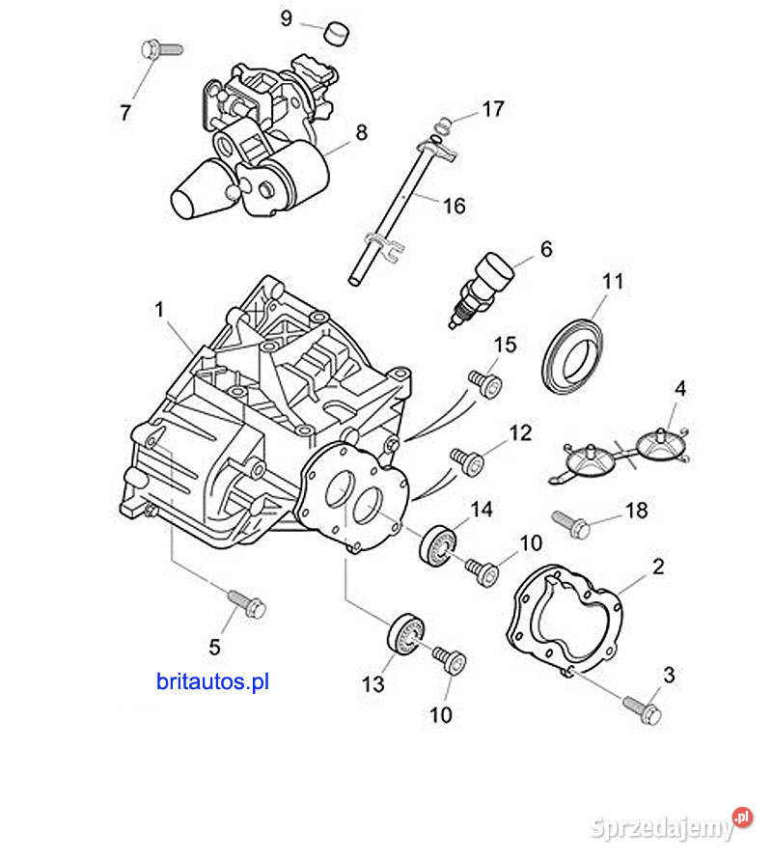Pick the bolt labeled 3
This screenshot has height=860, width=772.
tap(642, 712)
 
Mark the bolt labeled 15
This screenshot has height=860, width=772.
tap(487, 383)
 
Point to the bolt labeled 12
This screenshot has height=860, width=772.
tap(467, 461)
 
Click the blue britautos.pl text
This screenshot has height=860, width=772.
tap(212, 681)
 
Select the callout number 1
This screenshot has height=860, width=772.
tap(159, 310)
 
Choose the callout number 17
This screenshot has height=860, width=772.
tap(492, 109)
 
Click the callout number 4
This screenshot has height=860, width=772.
tap(680, 390)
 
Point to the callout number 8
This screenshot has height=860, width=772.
tap(361, 132)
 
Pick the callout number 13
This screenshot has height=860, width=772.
tap(373, 684)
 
